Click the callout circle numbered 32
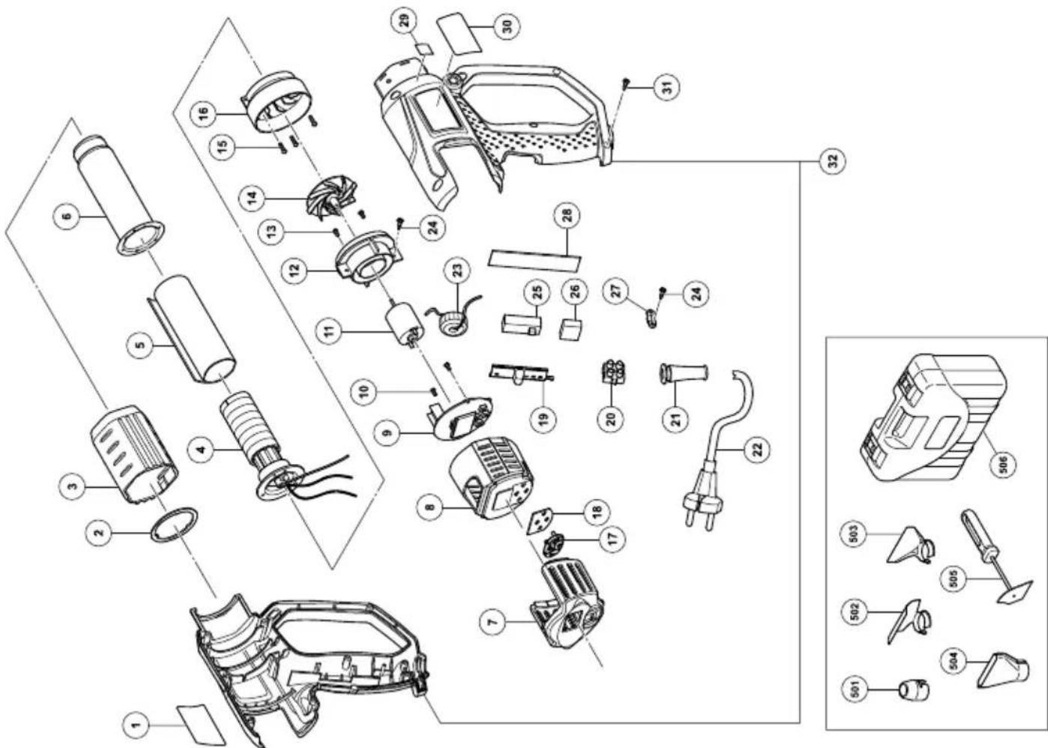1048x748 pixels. [x=832, y=160]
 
